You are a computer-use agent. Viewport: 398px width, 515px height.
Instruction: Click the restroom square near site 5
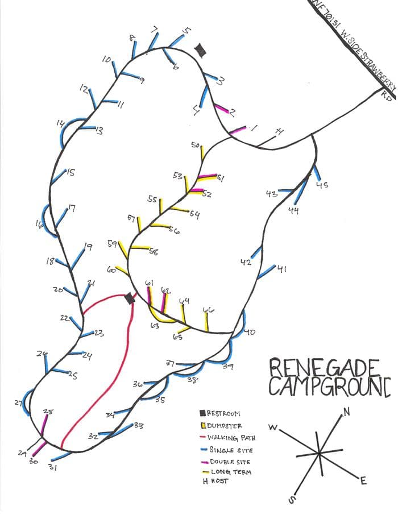(x=200, y=51)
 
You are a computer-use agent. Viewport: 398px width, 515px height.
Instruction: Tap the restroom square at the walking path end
(x=130, y=298)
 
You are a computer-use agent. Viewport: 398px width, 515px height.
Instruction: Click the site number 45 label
(x=322, y=185)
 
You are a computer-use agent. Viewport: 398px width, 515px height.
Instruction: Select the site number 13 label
(x=98, y=131)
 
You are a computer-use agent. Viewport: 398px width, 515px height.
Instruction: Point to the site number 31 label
(x=52, y=468)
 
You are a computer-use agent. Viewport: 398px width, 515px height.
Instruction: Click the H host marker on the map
(x=279, y=132)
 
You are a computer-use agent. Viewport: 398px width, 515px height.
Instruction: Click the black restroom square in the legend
(x=202, y=413)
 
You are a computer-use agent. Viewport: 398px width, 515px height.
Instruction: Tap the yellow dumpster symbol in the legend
(x=202, y=426)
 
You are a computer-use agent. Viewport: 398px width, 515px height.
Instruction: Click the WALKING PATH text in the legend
(x=231, y=438)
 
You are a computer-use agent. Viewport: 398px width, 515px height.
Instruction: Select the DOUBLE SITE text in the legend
(x=230, y=462)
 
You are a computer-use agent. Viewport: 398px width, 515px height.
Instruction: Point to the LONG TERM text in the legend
(x=230, y=472)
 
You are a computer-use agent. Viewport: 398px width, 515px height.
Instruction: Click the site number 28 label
(x=48, y=412)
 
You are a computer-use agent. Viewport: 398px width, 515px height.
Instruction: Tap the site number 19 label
(x=88, y=246)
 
